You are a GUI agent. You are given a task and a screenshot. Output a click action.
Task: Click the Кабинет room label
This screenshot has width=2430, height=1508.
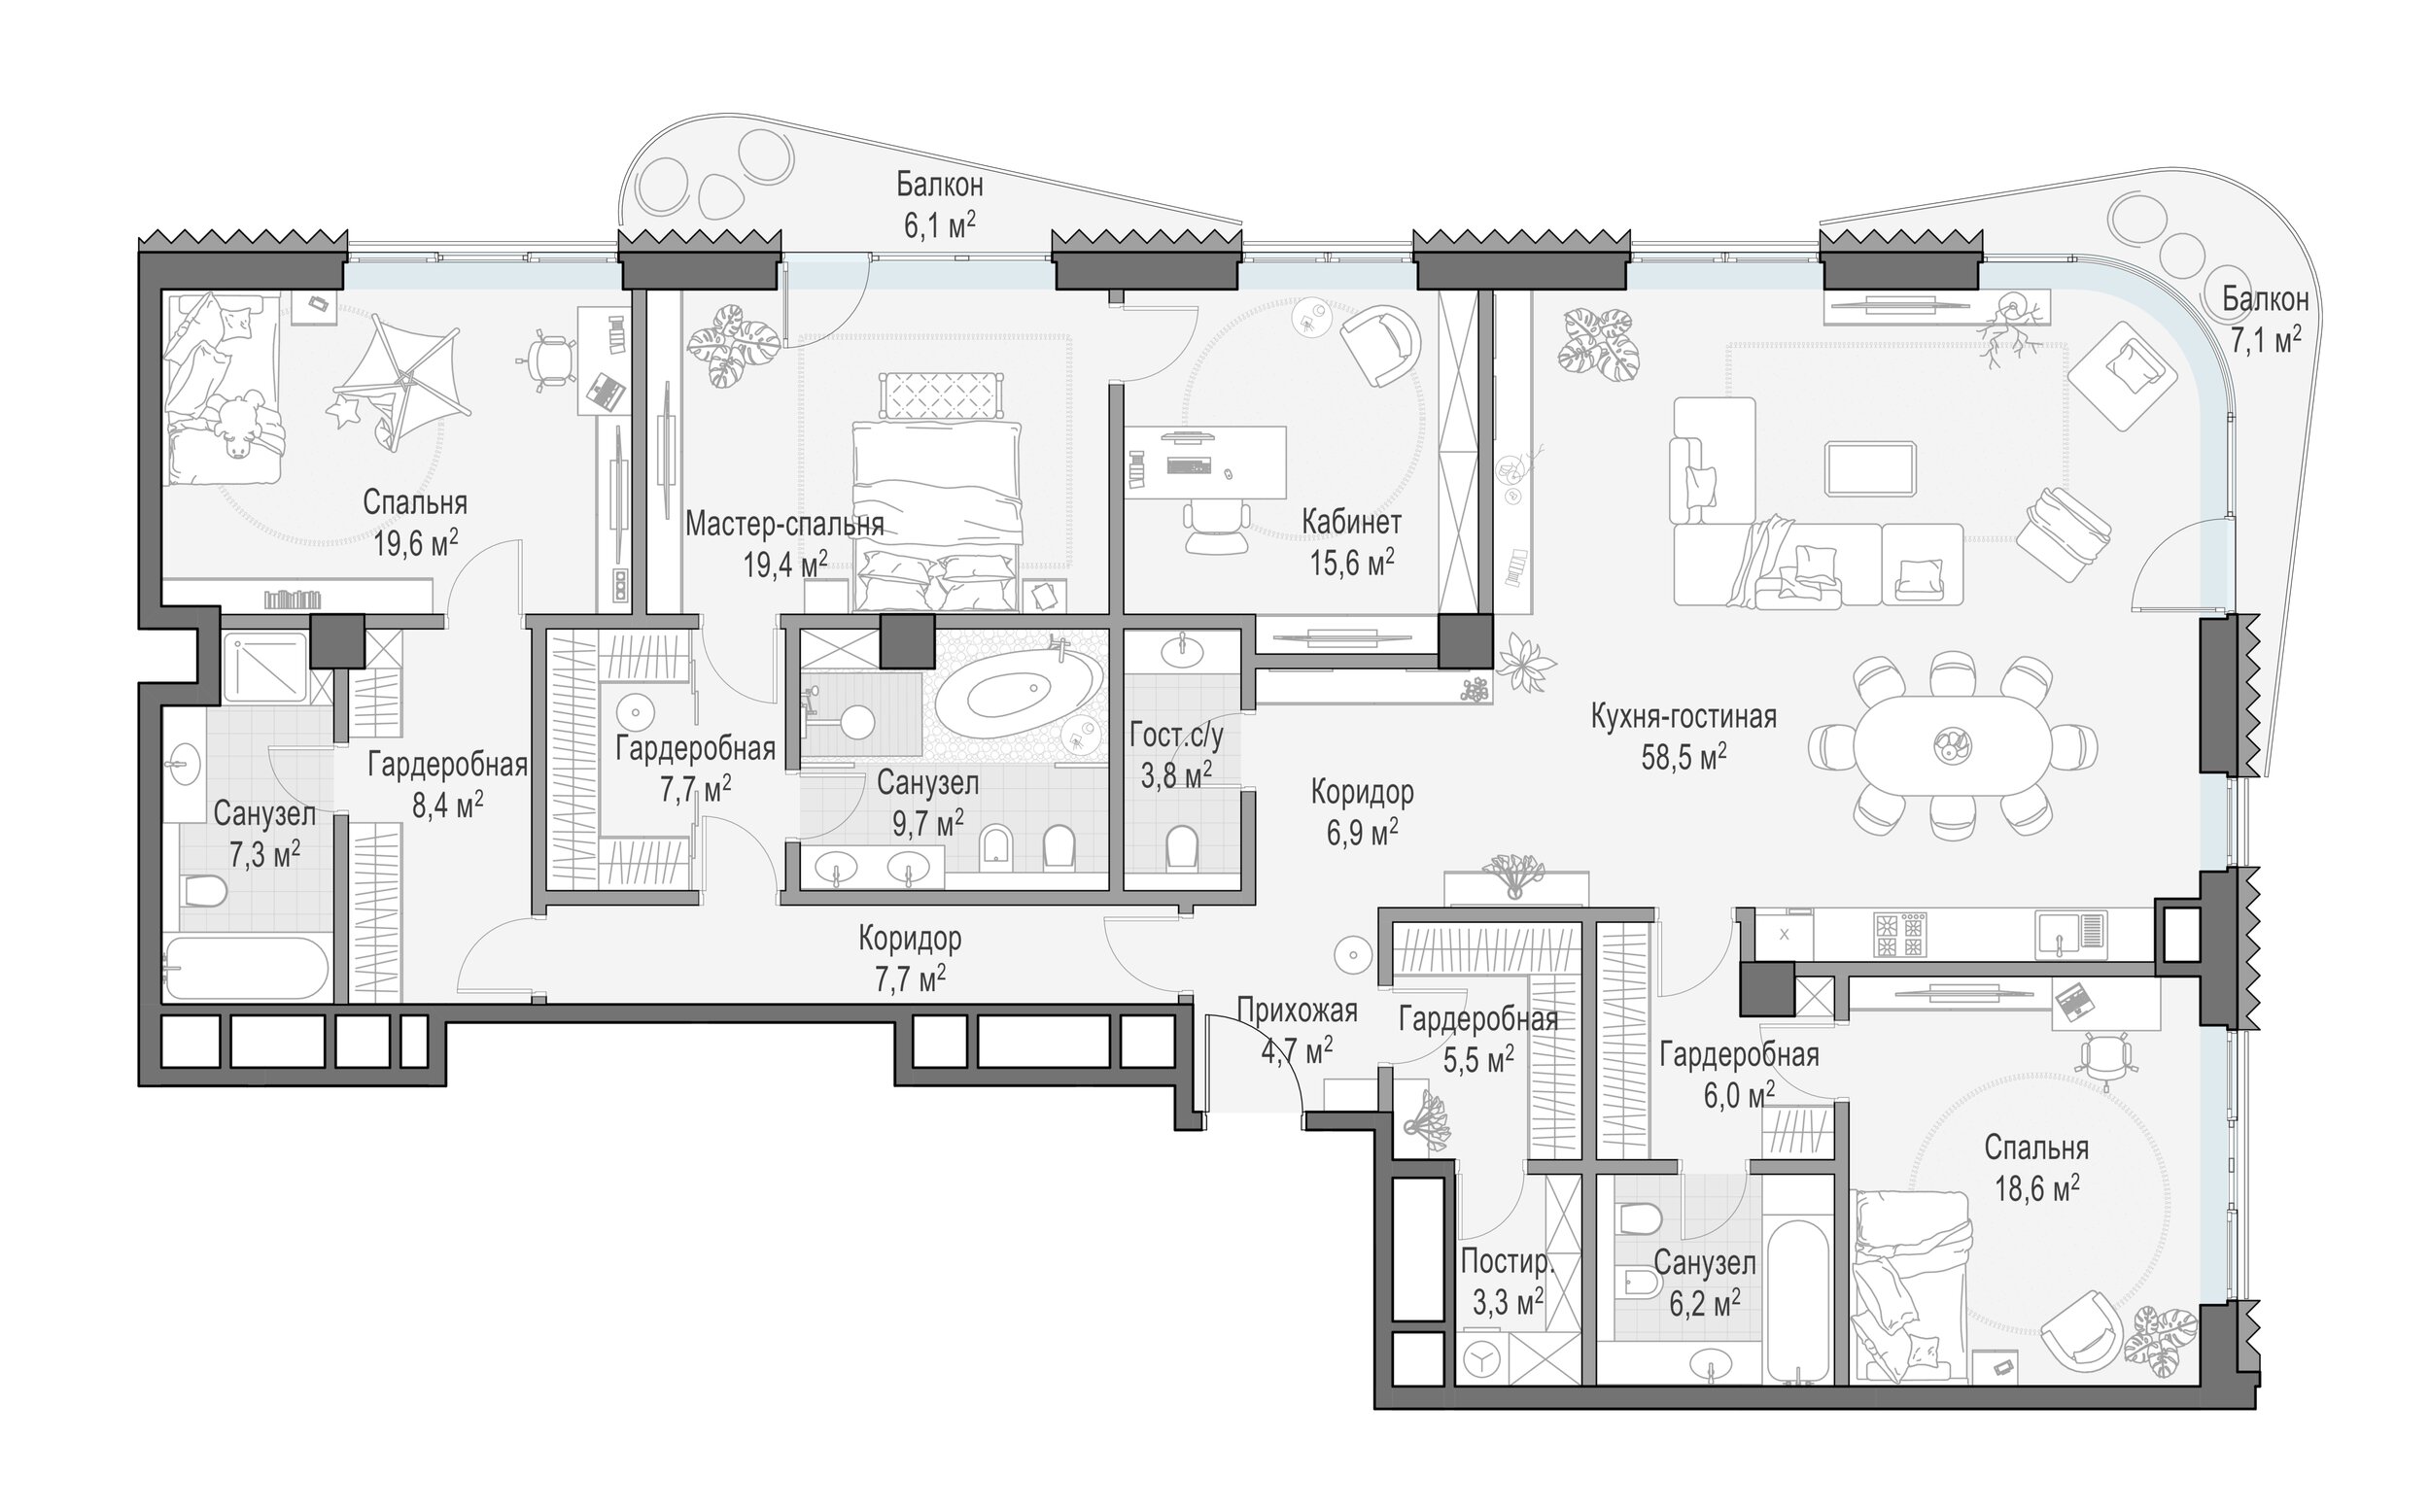pyautogui.click(x=1352, y=522)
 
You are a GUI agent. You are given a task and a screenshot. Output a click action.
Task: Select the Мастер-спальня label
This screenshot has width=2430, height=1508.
pyautogui.click(x=784, y=525)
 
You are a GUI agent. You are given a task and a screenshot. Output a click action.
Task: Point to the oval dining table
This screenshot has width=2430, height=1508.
pyautogui.click(x=1953, y=744)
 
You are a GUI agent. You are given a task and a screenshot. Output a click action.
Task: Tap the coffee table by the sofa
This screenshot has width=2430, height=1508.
pyautogui.click(x=1870, y=468)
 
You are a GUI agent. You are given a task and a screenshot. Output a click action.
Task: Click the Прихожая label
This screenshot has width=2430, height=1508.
pyautogui.click(x=1297, y=1011)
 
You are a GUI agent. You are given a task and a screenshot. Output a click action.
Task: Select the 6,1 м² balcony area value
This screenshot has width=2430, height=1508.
pyautogui.click(x=940, y=225)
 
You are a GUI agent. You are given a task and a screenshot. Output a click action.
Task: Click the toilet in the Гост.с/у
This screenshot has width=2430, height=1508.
pyautogui.click(x=1182, y=846)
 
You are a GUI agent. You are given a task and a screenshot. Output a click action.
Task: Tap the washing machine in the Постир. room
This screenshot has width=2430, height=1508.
pyautogui.click(x=1483, y=1360)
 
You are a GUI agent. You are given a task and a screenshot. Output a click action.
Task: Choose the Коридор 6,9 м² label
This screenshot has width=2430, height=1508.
pyautogui.click(x=1362, y=813)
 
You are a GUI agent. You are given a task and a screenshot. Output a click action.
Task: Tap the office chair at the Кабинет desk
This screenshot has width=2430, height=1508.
pyautogui.click(x=1217, y=528)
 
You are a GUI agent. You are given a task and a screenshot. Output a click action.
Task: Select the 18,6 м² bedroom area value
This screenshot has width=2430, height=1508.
pyautogui.click(x=2036, y=1189)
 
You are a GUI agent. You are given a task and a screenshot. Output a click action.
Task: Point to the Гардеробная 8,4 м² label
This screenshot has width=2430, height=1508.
pyautogui.click(x=447, y=785)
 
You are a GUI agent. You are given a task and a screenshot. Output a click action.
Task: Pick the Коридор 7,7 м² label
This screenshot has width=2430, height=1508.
pyautogui.click(x=910, y=958)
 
